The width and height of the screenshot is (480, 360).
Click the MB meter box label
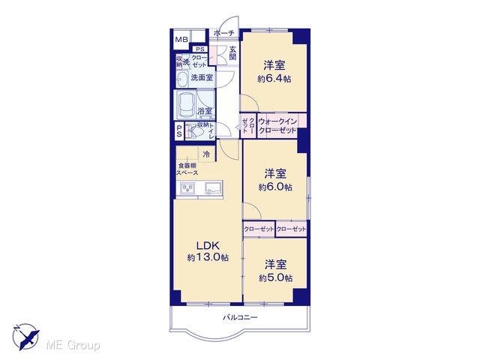point(181,40)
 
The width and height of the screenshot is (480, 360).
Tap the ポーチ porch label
point(224,33)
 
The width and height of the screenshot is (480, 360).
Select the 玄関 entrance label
point(232,52)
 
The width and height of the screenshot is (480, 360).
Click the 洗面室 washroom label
point(202,77)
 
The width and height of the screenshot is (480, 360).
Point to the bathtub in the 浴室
point(185,105)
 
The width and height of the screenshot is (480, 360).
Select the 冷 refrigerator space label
point(207,154)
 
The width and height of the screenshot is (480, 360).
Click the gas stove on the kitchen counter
point(187,187)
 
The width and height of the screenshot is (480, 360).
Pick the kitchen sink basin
point(213,187)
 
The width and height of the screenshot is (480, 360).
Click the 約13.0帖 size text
point(208,257)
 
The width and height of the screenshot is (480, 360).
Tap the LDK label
point(208,245)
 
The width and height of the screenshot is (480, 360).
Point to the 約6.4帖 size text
point(274,79)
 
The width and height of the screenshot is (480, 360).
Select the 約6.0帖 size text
point(275,187)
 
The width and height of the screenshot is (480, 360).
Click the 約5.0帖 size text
point(275,277)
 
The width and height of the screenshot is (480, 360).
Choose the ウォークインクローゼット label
point(277,126)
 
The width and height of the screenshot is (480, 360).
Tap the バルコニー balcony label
point(240,317)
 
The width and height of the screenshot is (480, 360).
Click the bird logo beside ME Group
point(25,337)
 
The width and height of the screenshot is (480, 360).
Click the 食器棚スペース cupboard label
point(187,169)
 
